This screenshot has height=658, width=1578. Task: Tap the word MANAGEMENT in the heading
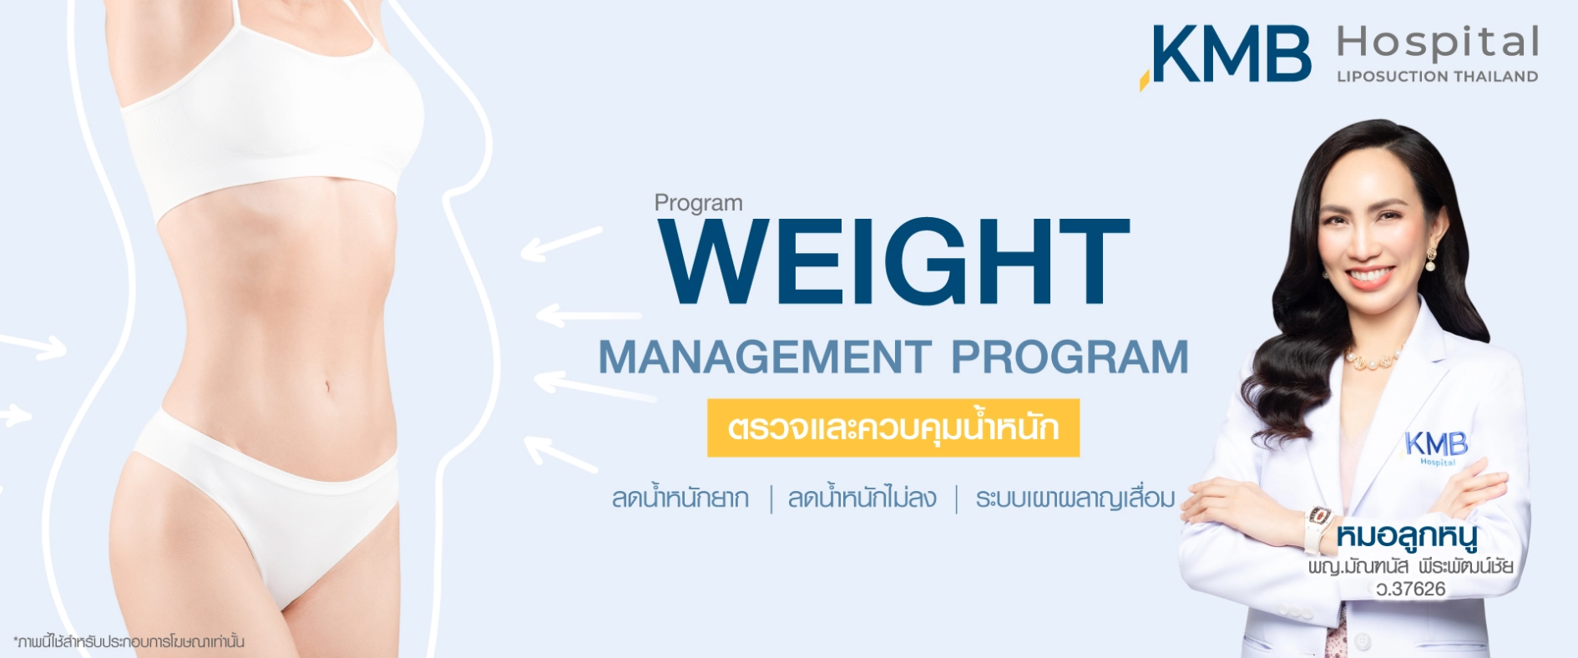coord(765,357)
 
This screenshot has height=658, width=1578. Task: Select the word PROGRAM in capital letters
coord(1070,357)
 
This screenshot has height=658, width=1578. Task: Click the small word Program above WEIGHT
coord(698,203)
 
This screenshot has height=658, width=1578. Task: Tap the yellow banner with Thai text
coord(893,428)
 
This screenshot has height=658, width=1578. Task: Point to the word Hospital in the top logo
coord(1438,43)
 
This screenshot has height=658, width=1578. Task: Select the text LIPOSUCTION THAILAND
coord(1437,76)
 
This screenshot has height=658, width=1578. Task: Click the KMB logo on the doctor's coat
coord(1435,447)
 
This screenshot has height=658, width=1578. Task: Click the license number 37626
coord(1411,589)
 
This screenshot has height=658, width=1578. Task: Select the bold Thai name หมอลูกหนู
coord(1407,537)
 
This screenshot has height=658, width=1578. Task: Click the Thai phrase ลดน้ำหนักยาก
coord(680,497)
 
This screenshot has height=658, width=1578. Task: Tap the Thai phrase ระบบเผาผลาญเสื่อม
coord(1075,498)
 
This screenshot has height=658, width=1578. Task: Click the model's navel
coord(327,387)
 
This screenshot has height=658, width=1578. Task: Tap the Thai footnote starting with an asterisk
coord(129,641)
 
